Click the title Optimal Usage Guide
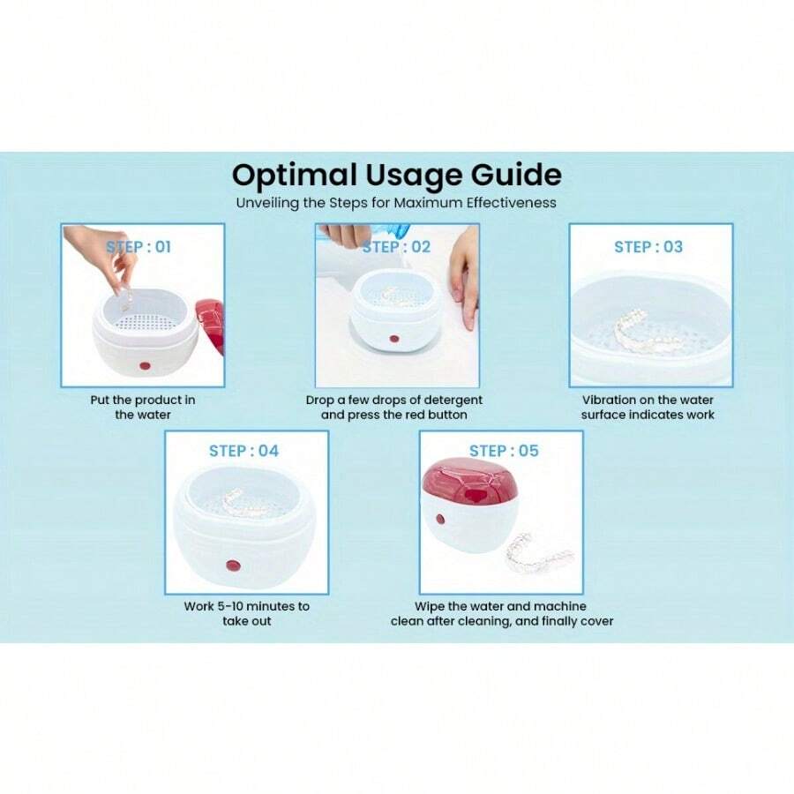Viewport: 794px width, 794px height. point(396,174)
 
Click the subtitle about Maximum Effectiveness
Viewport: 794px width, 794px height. point(396,202)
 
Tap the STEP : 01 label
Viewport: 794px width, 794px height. point(139,247)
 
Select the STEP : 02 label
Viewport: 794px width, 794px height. point(396,247)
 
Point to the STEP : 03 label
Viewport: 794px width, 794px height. point(648,247)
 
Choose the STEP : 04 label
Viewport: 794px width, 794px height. point(243,451)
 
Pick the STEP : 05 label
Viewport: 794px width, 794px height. point(504,451)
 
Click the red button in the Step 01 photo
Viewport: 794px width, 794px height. point(143,365)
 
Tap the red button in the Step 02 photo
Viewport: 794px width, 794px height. point(394,339)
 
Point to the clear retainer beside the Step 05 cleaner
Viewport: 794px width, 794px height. point(537,551)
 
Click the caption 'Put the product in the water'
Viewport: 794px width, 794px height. point(143,407)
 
